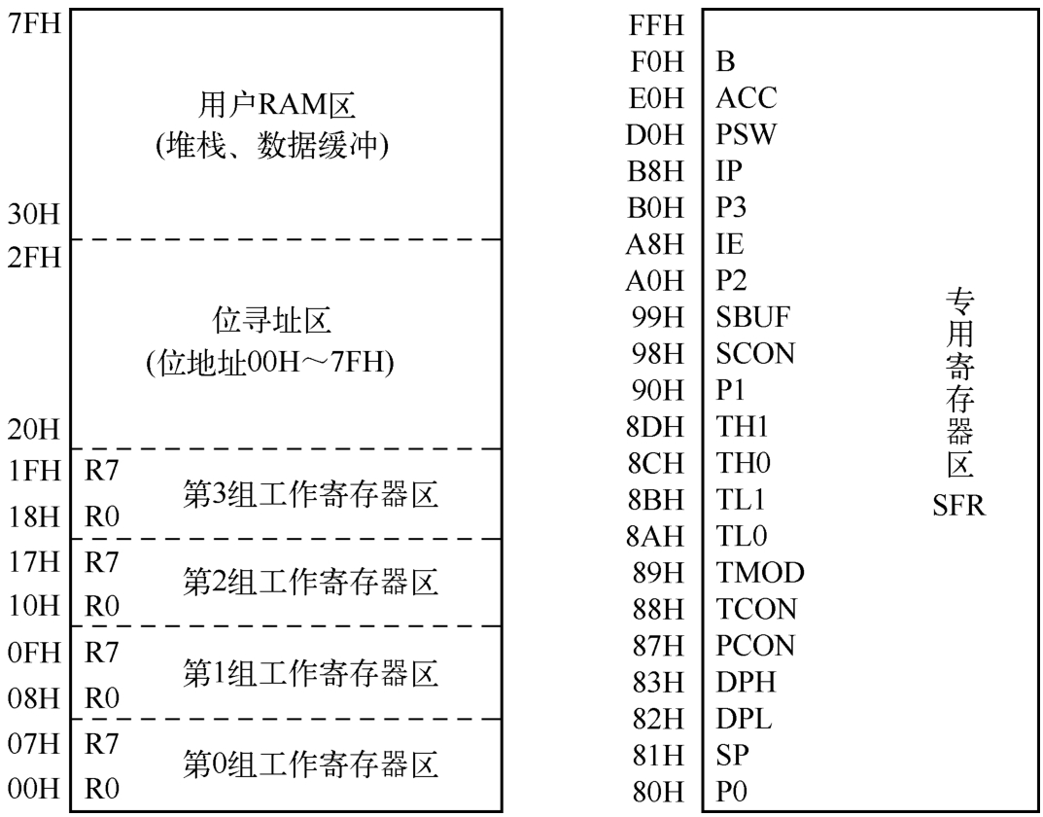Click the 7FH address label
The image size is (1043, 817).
click(33, 24)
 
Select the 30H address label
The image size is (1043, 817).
click(33, 214)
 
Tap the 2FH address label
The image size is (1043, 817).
click(33, 258)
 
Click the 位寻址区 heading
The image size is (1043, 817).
click(271, 321)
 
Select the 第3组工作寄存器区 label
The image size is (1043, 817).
click(311, 496)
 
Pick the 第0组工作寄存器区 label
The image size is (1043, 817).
click(311, 764)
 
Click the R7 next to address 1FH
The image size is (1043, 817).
click(101, 471)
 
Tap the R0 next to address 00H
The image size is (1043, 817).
click(102, 789)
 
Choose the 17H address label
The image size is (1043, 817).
click(33, 562)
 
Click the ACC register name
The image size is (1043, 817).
click(746, 98)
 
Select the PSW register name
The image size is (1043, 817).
click(746, 135)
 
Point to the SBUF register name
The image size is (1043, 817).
click(752, 317)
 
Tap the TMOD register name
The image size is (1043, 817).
click(760, 573)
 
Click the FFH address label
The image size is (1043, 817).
click(656, 25)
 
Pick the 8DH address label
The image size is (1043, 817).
click(655, 427)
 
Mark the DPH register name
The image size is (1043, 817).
click(746, 683)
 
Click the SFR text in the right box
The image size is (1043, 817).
click(958, 507)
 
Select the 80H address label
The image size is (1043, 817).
click(656, 793)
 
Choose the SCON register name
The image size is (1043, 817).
click(755, 354)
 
